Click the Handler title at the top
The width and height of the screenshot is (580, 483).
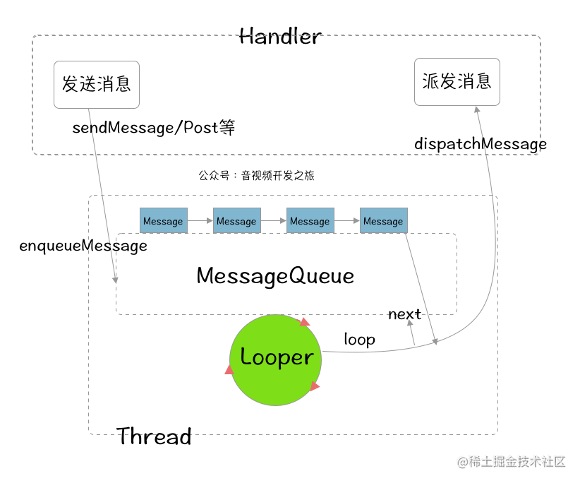click(280, 36)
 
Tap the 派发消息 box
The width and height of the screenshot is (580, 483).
click(457, 82)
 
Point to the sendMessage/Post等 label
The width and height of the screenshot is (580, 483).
click(153, 128)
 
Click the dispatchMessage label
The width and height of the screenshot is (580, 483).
click(480, 144)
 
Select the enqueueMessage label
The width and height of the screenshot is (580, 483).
click(83, 246)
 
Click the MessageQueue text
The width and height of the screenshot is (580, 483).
click(275, 275)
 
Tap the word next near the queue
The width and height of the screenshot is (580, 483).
click(404, 314)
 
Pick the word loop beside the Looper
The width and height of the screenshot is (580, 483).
click(359, 340)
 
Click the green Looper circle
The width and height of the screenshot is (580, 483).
click(275, 360)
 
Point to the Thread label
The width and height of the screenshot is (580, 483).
click(154, 436)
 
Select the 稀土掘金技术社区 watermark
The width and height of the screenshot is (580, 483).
click(512, 462)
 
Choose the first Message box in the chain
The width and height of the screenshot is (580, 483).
click(163, 221)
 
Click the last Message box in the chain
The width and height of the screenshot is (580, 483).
click(383, 221)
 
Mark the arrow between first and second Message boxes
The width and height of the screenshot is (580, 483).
click(200, 221)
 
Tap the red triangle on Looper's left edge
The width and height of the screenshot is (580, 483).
click(229, 370)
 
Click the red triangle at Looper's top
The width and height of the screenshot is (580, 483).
click(304, 323)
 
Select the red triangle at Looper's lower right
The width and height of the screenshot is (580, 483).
click(315, 386)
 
